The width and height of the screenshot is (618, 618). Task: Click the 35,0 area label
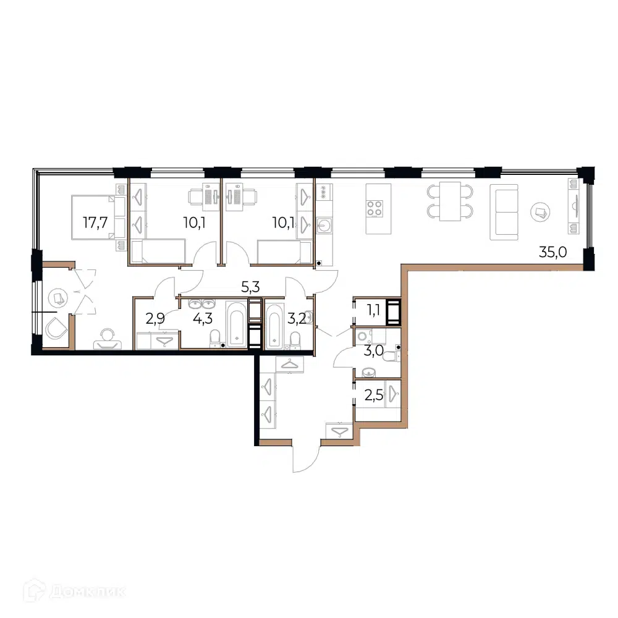tap(552, 252)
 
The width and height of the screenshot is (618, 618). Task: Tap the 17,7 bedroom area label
tap(95, 222)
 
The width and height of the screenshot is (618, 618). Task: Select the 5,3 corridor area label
tap(250, 287)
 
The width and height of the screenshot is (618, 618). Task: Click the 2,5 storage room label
tap(374, 394)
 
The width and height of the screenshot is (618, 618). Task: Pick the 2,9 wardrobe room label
tap(155, 318)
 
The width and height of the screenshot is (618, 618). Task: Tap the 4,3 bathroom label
tap(203, 318)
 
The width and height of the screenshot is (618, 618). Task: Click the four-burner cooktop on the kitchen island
tap(375, 208)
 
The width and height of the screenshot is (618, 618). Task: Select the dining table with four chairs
tap(450, 201)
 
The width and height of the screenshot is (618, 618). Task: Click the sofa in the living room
tap(504, 212)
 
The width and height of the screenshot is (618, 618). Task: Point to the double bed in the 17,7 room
tap(98, 217)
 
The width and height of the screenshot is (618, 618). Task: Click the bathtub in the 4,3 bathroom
tap(237, 324)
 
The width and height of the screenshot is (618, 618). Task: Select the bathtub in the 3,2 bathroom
tap(275, 326)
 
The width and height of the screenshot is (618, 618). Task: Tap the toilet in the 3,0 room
tap(391, 357)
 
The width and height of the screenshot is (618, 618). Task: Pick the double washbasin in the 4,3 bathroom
tap(202, 304)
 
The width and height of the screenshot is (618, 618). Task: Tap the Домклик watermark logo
tap(75, 591)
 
